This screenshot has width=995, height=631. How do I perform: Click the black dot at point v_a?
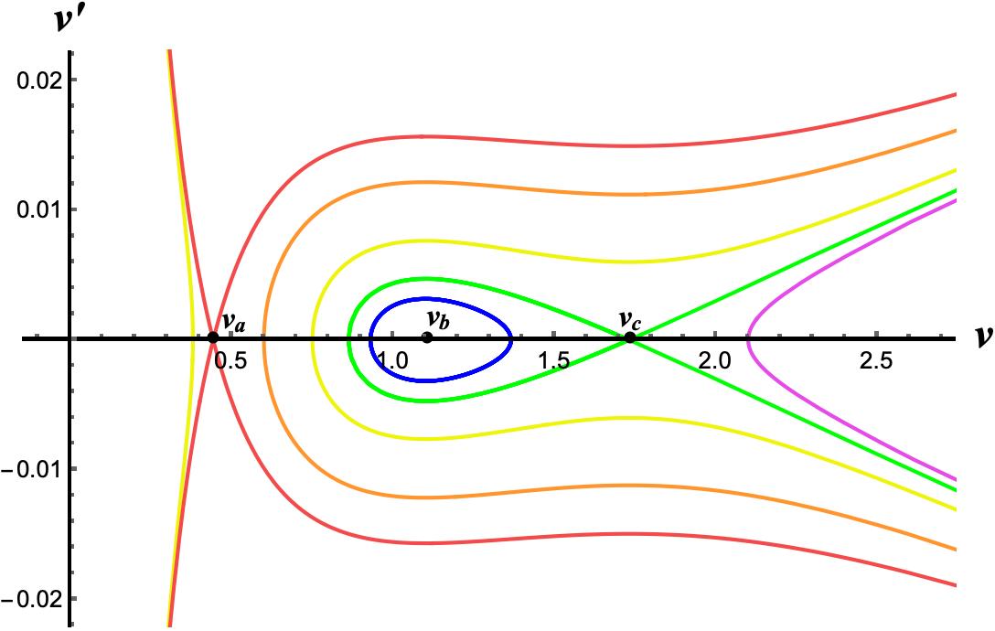click(x=213, y=337)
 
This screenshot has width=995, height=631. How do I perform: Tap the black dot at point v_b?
click(x=427, y=337)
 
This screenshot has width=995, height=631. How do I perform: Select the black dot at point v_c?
click(x=629, y=337)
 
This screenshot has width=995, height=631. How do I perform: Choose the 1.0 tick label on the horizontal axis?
click(x=392, y=361)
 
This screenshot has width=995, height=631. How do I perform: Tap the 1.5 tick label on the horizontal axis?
click(x=553, y=361)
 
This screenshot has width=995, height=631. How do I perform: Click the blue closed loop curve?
click(x=511, y=338)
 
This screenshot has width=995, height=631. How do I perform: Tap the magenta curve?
click(x=748, y=338)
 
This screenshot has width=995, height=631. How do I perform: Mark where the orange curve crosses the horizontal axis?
click(x=264, y=338)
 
